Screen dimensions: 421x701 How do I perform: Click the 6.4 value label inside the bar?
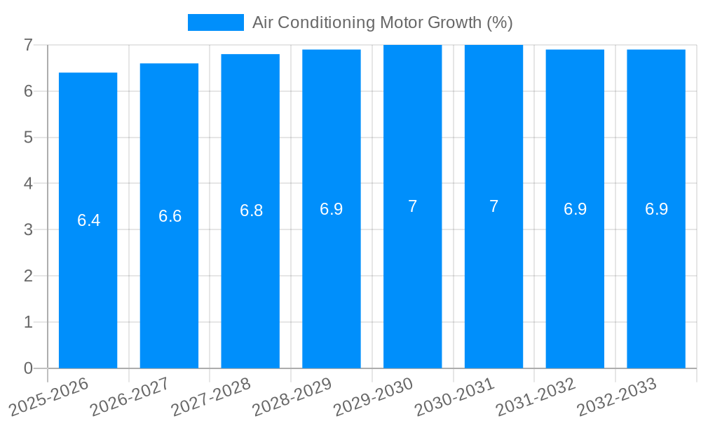pos(88,220)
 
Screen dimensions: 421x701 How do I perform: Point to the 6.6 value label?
pos(170,216)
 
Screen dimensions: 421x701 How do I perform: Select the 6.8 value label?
pos(251,210)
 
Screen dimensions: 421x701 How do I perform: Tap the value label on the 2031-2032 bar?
pos(575,209)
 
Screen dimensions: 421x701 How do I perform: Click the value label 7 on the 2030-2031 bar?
pos(494,206)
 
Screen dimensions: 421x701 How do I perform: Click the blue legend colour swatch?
pos(215,22)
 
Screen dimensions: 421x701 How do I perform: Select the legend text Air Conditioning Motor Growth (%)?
pos(382,22)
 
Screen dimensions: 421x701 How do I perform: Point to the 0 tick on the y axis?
pos(28,368)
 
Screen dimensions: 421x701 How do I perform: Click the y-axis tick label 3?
pos(28,229)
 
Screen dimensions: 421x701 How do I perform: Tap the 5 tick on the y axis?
pos(28,138)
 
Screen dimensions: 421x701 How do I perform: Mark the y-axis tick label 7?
pos(28,45)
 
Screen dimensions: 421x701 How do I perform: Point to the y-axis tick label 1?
pos(28,322)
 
